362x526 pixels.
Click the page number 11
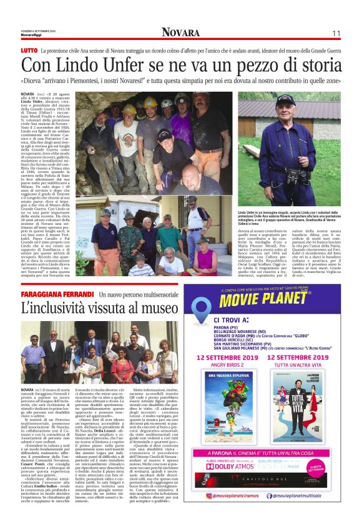(x=336, y=33)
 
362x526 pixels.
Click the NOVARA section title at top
(x=180, y=32)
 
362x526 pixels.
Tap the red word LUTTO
(x=29, y=49)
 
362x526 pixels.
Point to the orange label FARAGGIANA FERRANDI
(x=56, y=294)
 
